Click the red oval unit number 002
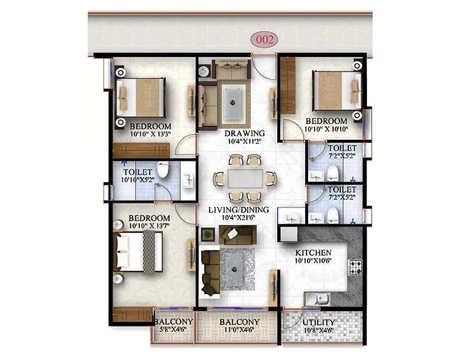click(264, 40)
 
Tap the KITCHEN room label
click(313, 253)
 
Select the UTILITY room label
click(319, 322)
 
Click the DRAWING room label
click(245, 133)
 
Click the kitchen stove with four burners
click(355, 267)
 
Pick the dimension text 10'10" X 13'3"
click(150, 135)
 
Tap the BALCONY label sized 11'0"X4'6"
click(239, 322)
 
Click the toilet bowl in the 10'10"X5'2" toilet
click(163, 170)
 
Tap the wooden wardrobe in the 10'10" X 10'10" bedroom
click(288, 85)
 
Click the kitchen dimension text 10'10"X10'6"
click(313, 261)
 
